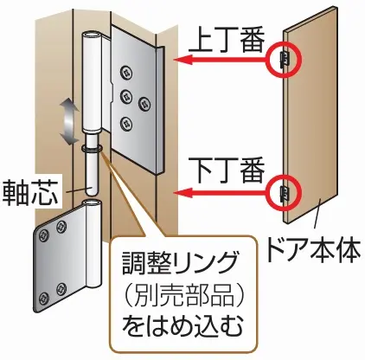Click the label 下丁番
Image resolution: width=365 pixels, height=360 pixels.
(x=227, y=170)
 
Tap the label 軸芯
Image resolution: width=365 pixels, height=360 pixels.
(x=30, y=192)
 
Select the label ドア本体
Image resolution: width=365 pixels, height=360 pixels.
(x=314, y=248)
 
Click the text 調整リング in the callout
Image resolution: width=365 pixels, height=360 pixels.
(x=181, y=262)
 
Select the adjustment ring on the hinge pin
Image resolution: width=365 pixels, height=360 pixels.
(x=92, y=149)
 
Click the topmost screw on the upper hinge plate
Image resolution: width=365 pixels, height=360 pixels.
(x=127, y=72)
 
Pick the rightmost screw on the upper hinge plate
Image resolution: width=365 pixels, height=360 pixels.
(x=144, y=105)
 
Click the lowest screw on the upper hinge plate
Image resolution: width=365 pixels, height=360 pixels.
(x=126, y=123)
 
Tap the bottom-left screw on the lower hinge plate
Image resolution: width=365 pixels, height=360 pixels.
(x=44, y=298)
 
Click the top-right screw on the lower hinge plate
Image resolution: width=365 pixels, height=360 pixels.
(x=61, y=227)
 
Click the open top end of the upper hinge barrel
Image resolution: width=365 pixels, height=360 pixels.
(x=92, y=35)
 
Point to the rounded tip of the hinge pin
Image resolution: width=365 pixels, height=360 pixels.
(x=93, y=193)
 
